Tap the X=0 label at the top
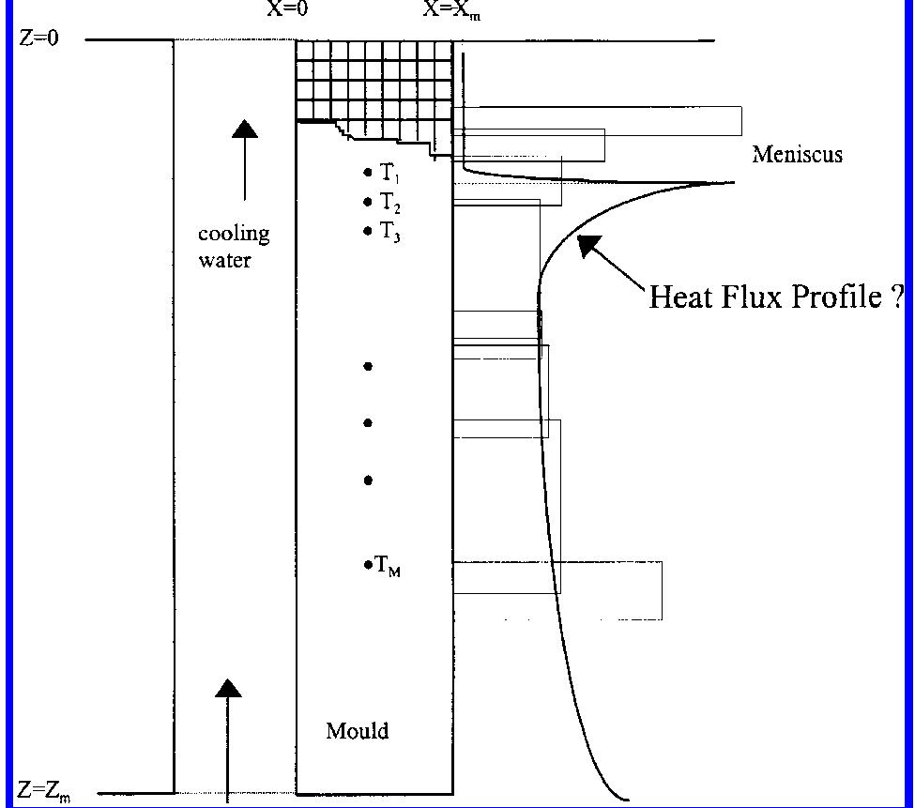tap(288, 11)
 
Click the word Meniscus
tap(797, 155)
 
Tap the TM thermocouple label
tap(389, 565)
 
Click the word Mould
tap(357, 730)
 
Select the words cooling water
tap(233, 247)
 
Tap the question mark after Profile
tap(898, 297)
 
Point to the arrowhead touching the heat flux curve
tap(588, 246)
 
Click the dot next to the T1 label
tap(368, 173)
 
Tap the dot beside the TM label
tap(368, 565)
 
